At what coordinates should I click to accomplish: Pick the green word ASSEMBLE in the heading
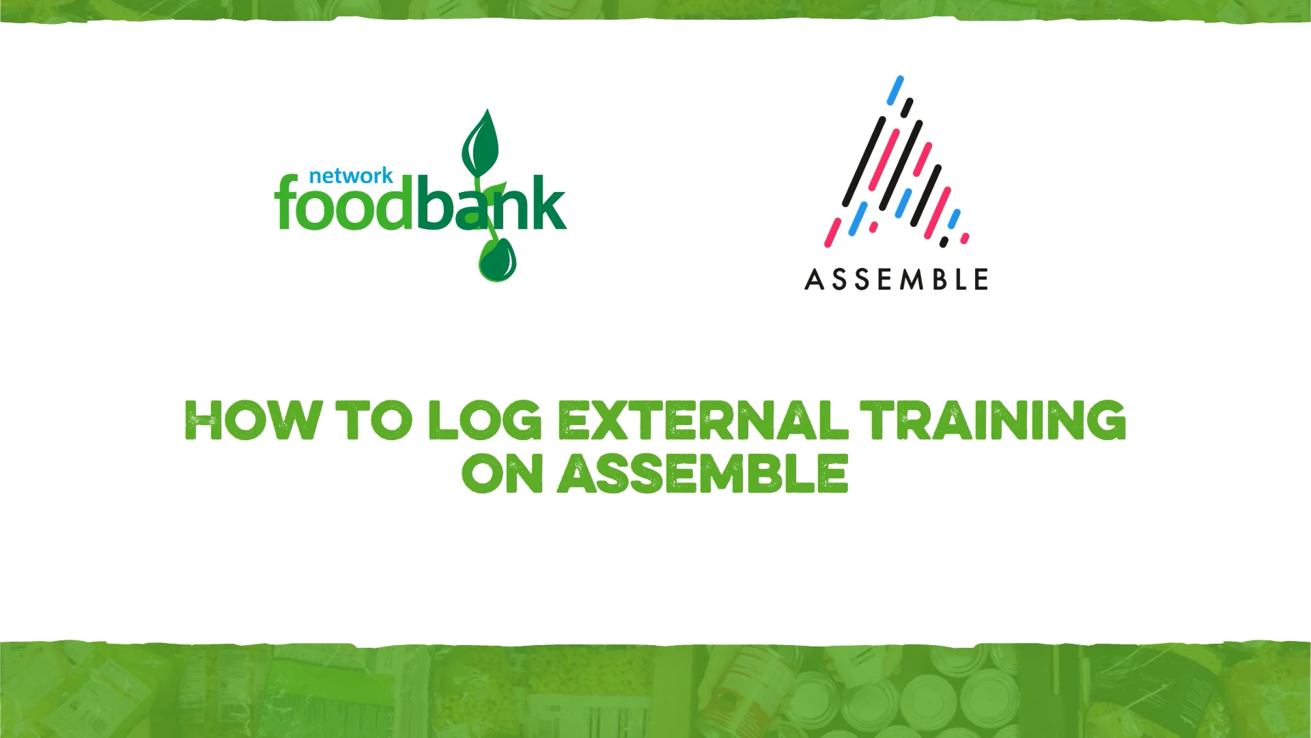(x=703, y=473)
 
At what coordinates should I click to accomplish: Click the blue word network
(x=350, y=176)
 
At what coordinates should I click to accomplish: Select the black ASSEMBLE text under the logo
(x=896, y=279)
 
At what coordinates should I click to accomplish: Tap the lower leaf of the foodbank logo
(x=497, y=260)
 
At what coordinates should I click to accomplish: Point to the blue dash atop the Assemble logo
(x=895, y=90)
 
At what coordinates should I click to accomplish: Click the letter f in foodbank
(x=286, y=203)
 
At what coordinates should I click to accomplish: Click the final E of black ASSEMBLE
(x=981, y=279)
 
